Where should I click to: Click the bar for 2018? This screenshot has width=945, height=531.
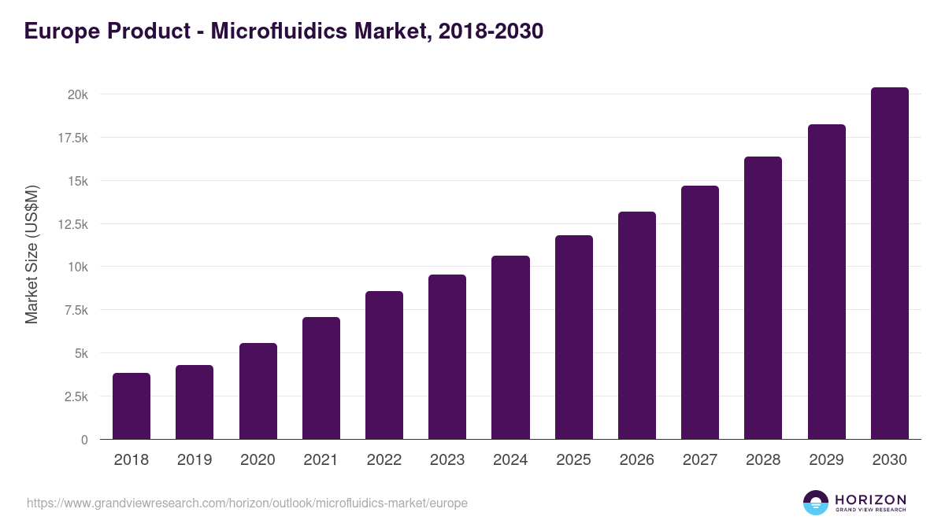(132, 406)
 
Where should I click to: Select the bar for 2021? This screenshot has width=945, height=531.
(321, 378)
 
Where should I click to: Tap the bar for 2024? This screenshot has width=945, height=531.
(510, 348)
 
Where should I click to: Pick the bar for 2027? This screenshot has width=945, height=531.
(700, 312)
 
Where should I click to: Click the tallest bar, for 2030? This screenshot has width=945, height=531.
(890, 264)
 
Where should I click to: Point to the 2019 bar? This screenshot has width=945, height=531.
(195, 402)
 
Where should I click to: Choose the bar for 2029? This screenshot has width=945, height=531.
(827, 282)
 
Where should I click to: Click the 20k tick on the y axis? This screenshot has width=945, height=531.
(77, 94)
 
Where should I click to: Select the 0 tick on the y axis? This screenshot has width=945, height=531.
(84, 440)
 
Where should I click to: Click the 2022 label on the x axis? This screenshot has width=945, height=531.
(384, 460)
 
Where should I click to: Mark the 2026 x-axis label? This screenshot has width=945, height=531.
(636, 460)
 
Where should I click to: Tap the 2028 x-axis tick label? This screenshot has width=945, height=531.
(763, 460)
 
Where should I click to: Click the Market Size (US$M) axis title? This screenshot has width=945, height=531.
(31, 255)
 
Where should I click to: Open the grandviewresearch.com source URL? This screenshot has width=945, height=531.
(247, 503)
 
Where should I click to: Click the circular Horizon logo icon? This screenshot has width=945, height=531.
(816, 503)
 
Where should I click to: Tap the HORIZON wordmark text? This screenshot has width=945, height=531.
(870, 499)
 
